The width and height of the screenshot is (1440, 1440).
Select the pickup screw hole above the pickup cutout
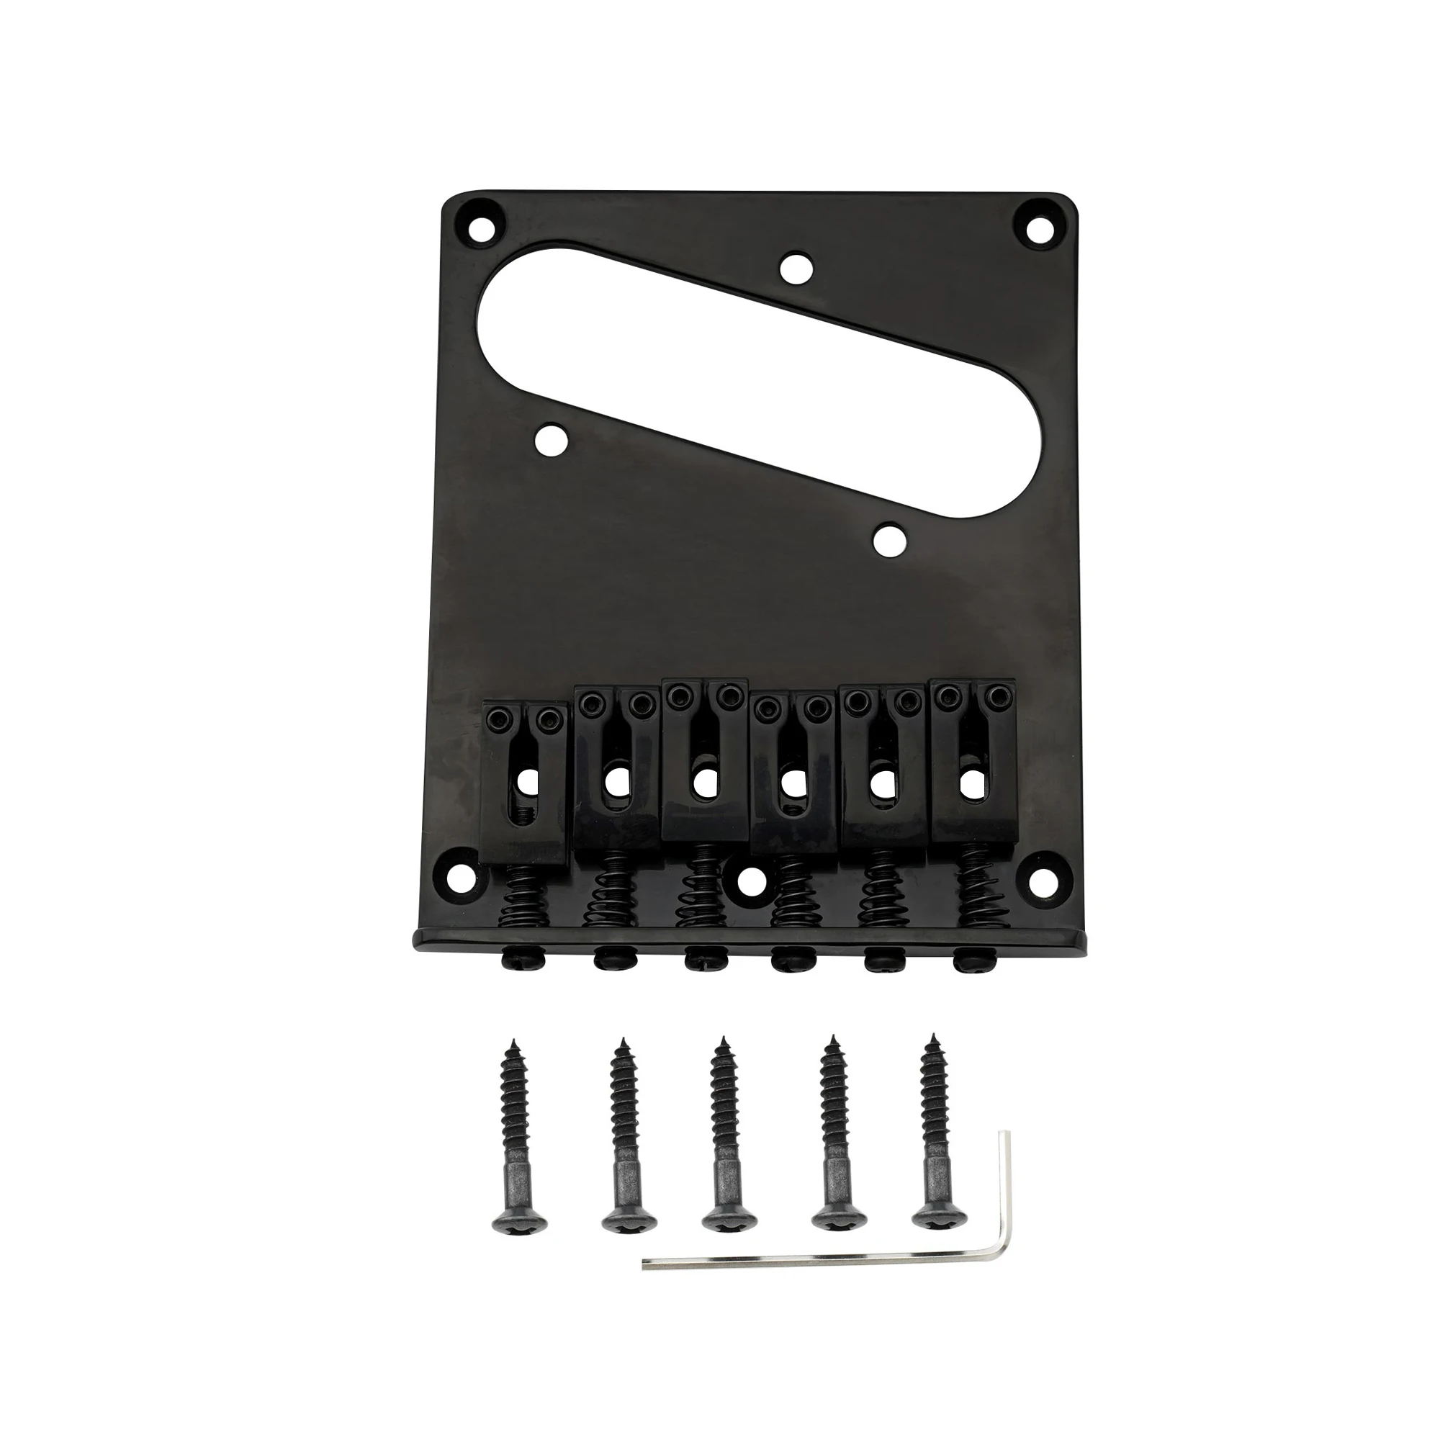pyautogui.click(x=796, y=269)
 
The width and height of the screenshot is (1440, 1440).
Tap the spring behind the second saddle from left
pyautogui.click(x=616, y=902)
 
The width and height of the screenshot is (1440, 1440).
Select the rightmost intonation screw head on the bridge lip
pyautogui.click(x=971, y=957)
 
